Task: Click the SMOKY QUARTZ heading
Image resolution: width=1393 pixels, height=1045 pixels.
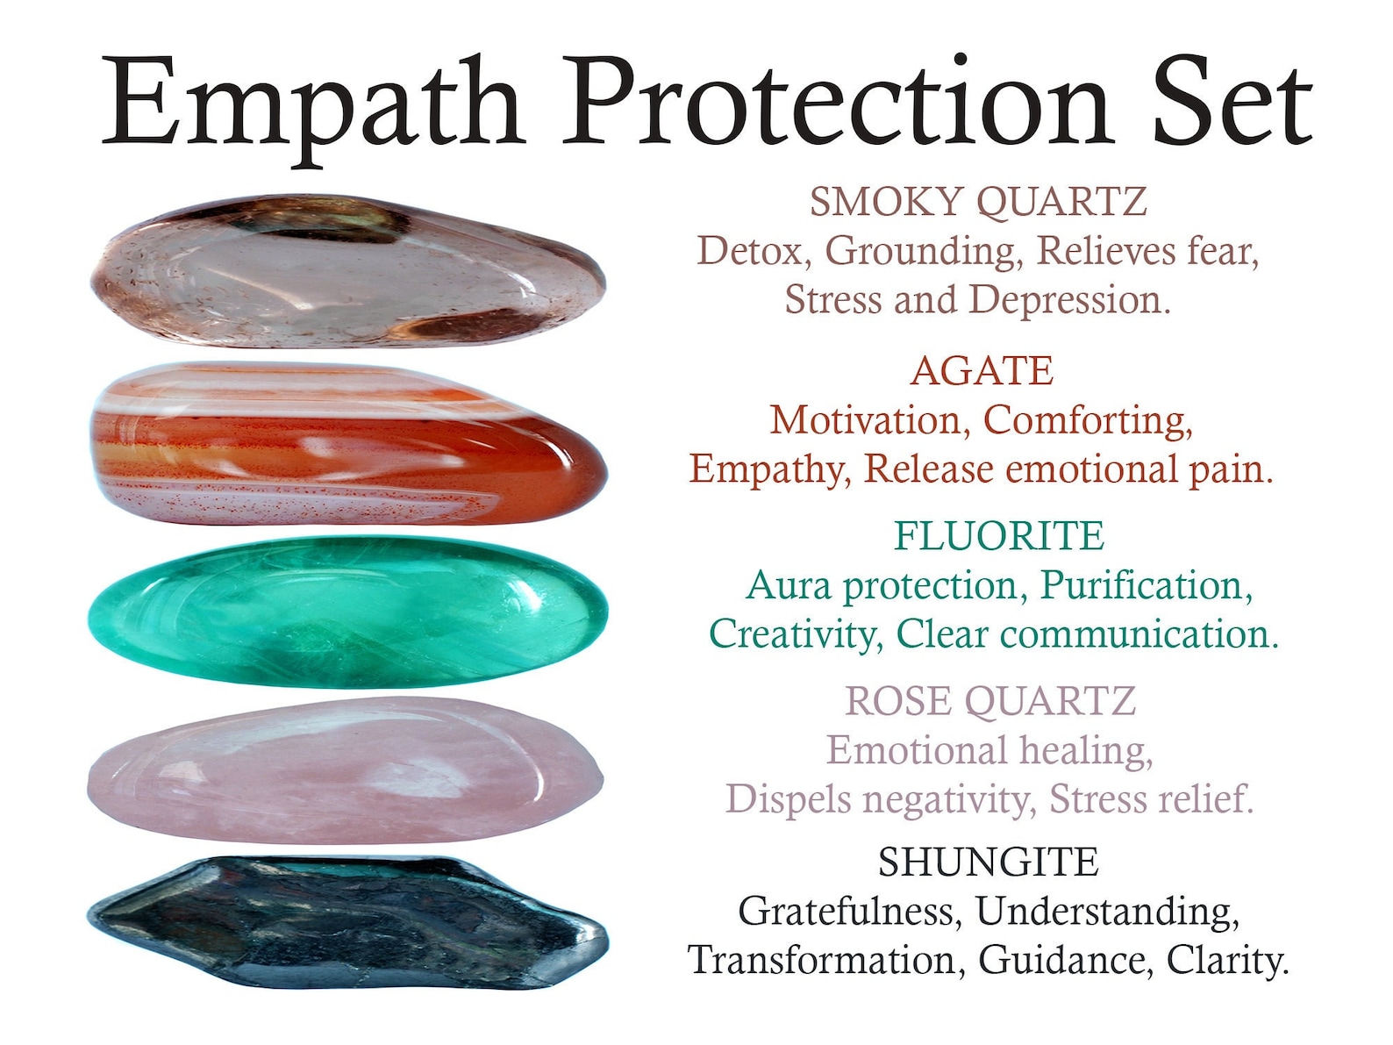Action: point(977,202)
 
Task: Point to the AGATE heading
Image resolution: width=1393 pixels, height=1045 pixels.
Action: point(982,371)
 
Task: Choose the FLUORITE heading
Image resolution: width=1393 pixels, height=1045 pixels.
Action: point(998,536)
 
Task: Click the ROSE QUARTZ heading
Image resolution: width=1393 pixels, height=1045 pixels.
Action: point(990,701)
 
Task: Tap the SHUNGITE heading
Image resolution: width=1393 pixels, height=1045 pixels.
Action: point(988,862)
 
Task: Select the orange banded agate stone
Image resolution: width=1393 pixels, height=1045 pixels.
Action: point(348,444)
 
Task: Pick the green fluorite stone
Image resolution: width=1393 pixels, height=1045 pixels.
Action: point(348,612)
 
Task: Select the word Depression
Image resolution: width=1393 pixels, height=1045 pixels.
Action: point(1069,300)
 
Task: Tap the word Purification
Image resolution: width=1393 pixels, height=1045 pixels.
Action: point(1147,585)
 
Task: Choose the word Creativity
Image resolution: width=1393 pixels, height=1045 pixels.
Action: point(795,634)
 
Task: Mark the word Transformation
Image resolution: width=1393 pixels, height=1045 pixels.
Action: point(821,960)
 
